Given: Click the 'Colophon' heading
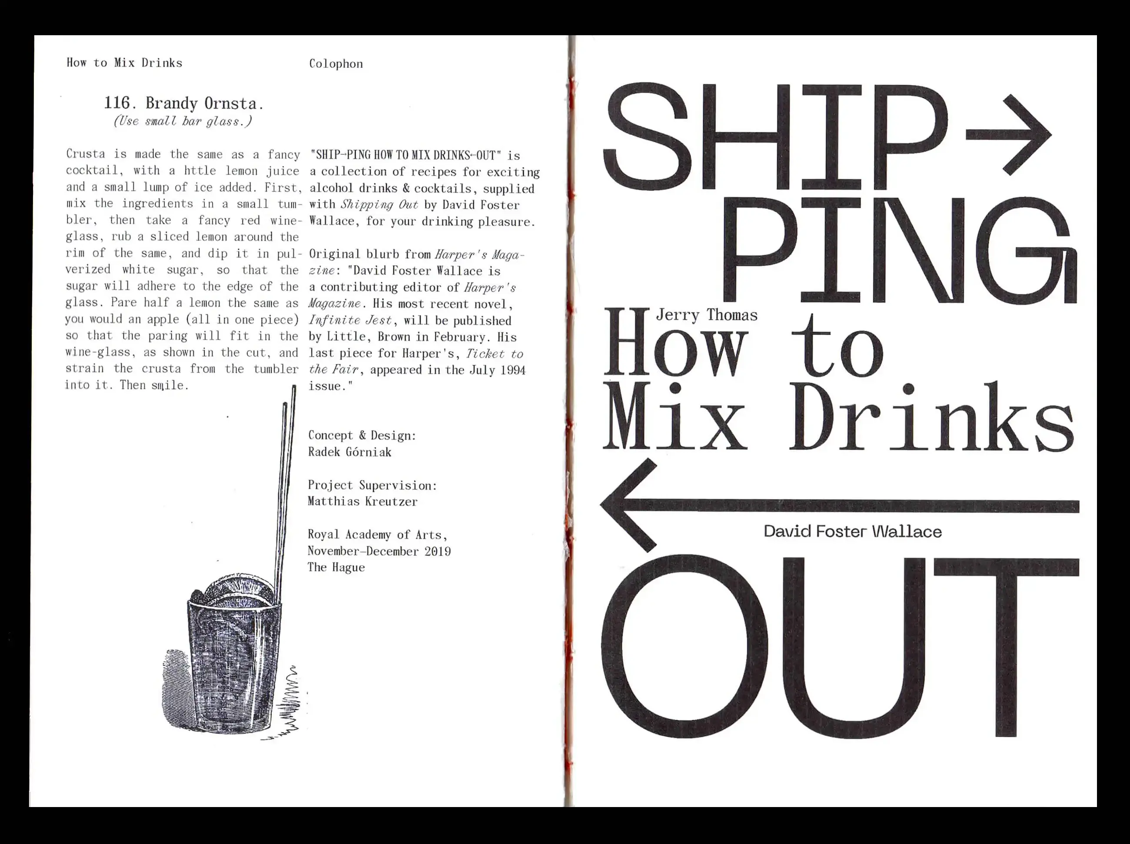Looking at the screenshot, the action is (336, 64).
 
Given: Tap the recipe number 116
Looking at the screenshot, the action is (117, 103).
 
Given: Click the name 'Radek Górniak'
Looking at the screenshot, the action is (350, 452).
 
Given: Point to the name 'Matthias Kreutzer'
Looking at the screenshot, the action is (362, 501).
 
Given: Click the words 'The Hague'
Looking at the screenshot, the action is (336, 567).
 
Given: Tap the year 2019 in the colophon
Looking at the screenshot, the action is (438, 551).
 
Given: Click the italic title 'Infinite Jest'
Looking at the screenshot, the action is (350, 321).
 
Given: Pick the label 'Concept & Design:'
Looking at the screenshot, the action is (362, 435).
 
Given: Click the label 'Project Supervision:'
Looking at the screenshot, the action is (372, 485).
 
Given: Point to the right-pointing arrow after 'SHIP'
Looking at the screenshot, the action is (1008, 135).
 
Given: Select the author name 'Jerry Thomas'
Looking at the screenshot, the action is (707, 315).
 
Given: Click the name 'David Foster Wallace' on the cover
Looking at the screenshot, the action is (853, 531).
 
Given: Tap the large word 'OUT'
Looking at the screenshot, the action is (840, 646).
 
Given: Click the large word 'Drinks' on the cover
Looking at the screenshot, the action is (931, 417).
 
